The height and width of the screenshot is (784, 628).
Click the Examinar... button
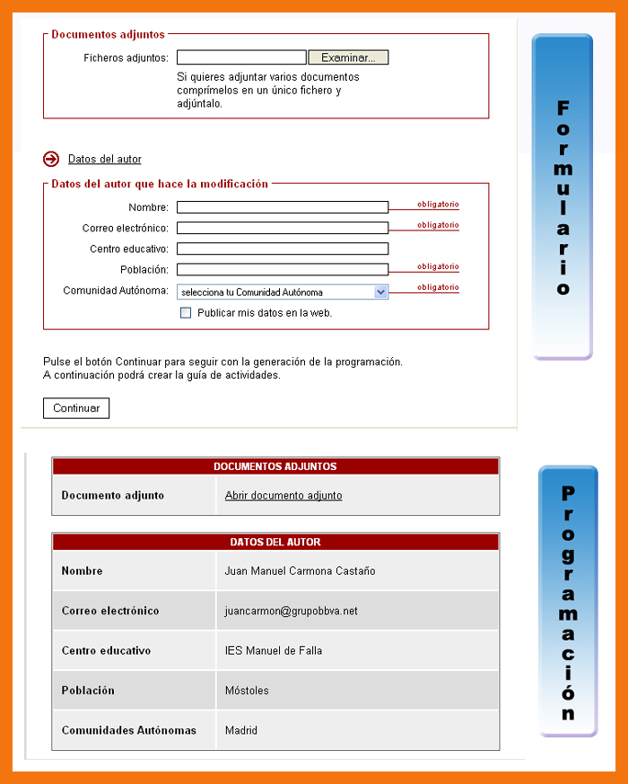click(348, 57)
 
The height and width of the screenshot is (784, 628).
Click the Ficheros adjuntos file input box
click(241, 57)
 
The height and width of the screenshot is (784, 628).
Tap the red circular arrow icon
click(51, 159)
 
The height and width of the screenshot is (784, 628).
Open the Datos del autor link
click(105, 159)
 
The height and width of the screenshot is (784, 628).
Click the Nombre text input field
click(283, 207)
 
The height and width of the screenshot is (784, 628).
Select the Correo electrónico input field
click(283, 228)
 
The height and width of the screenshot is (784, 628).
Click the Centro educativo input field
click(283, 248)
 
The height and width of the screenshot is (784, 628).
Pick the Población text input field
click(283, 269)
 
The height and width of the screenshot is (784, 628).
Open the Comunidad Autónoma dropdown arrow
click(380, 292)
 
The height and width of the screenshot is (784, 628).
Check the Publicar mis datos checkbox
click(186, 313)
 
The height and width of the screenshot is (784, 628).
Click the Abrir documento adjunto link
click(283, 495)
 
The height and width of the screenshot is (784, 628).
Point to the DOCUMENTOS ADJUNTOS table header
click(275, 466)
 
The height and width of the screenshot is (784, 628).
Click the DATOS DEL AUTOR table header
click(275, 542)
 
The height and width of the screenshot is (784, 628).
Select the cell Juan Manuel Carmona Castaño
click(300, 571)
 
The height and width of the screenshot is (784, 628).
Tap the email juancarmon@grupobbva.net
click(291, 611)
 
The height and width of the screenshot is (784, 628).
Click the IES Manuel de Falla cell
click(274, 650)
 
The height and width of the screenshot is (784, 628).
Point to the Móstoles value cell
click(247, 691)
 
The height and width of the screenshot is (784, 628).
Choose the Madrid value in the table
click(241, 730)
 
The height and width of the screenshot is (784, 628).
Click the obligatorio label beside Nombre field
click(438, 205)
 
